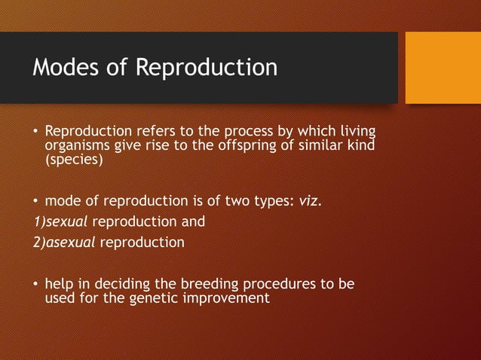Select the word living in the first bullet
tap(357, 131)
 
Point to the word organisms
tap(78, 145)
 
